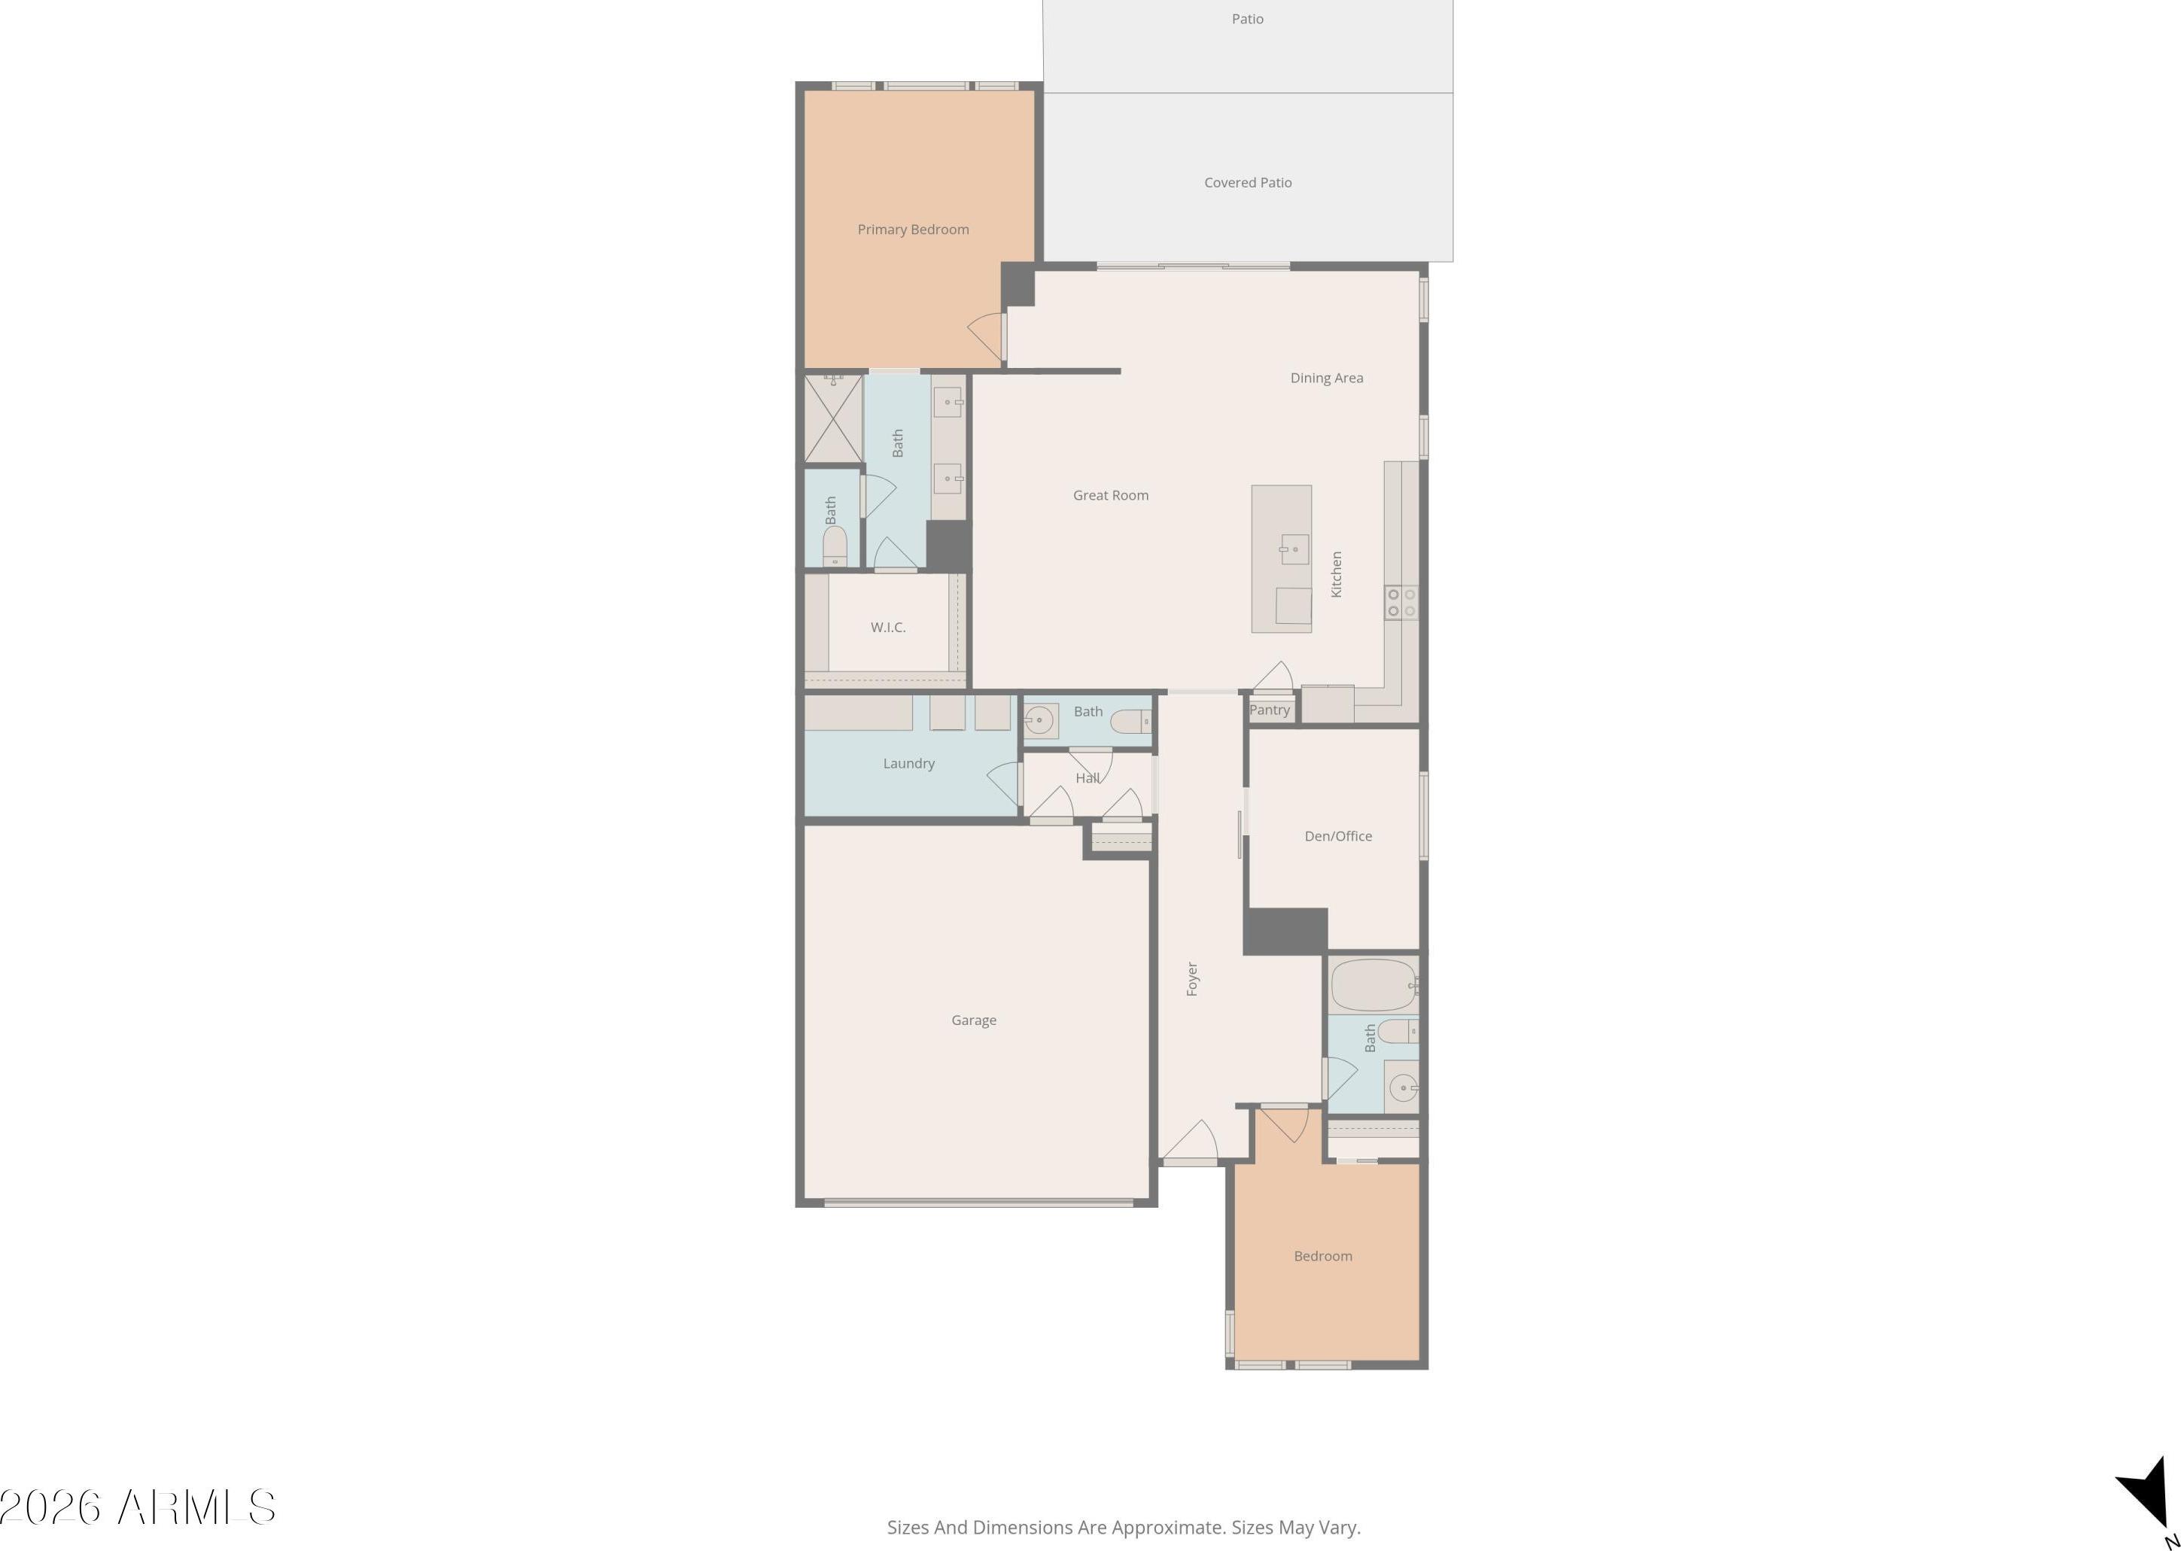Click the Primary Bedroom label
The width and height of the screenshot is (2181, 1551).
(913, 230)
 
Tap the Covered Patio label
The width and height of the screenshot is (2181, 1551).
(1247, 182)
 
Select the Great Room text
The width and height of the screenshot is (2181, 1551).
(1111, 494)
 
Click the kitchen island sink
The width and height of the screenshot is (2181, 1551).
(1295, 549)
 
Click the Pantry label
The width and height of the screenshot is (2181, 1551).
(1269, 710)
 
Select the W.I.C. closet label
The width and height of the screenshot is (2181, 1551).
(888, 628)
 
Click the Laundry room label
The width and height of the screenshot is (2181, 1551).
(908, 763)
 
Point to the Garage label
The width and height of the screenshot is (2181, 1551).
(973, 1020)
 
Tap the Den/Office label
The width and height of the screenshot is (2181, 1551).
(1338, 835)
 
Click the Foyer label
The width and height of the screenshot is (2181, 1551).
(1191, 979)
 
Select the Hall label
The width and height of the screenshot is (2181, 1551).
(1087, 778)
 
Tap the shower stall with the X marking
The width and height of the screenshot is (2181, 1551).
(832, 419)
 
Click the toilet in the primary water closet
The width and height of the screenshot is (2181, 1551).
(835, 546)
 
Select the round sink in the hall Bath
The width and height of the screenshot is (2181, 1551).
(1040, 721)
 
